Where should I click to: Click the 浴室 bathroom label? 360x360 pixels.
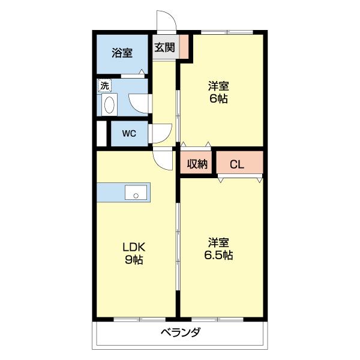(122, 53)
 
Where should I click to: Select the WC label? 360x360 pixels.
(129, 134)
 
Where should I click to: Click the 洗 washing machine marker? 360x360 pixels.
(104, 86)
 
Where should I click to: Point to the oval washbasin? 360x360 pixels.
(109, 106)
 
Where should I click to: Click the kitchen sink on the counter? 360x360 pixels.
(136, 193)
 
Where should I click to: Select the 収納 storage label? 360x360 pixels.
(197, 164)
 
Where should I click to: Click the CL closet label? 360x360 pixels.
(237, 164)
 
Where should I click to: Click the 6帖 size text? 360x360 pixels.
(218, 99)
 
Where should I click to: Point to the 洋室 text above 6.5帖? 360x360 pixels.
(219, 242)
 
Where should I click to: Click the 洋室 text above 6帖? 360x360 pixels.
(218, 86)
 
